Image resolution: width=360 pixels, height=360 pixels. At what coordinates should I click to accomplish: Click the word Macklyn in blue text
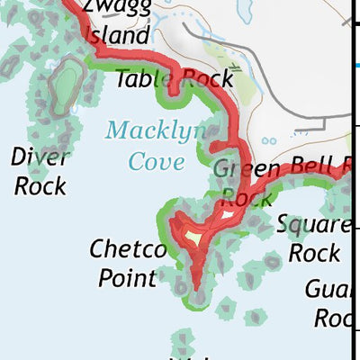154,131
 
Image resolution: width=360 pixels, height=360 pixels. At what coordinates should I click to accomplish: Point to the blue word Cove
157,161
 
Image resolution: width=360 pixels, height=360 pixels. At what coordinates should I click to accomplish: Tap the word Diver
40,157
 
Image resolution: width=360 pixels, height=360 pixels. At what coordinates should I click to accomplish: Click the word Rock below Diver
40,186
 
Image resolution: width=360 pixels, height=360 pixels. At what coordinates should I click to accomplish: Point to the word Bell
310,167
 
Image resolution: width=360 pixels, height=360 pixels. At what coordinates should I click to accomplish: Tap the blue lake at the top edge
244,11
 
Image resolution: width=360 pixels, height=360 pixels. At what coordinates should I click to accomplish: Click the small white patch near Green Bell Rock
225,215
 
